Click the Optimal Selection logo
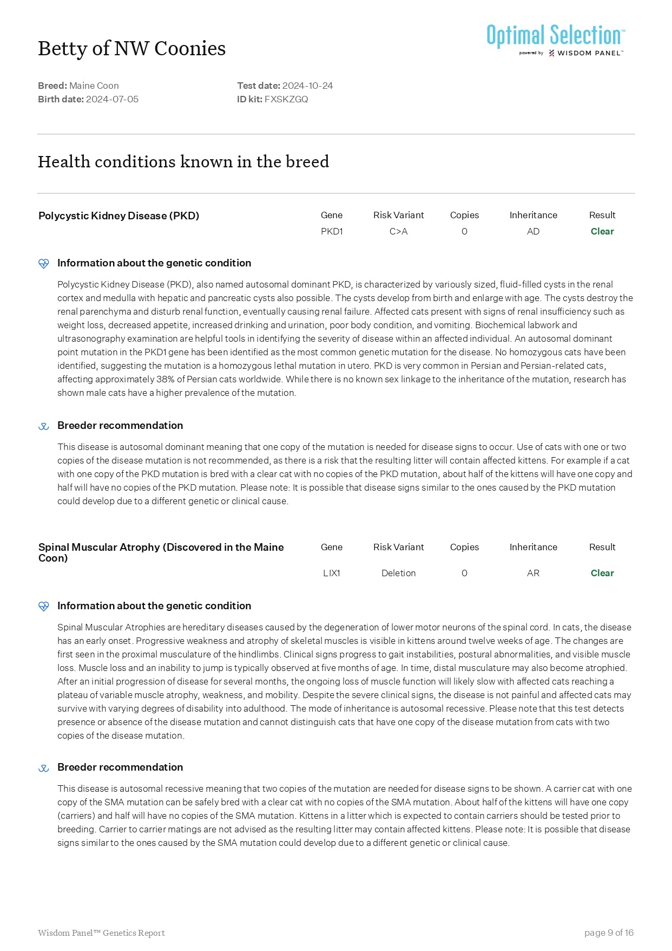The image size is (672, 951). pos(555,40)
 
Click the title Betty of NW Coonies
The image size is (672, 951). pos(131,49)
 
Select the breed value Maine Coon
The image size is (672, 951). pos(94,86)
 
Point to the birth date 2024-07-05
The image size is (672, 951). pos(112,99)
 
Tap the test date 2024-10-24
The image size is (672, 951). pos(307,86)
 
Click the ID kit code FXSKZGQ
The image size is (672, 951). pos(286,99)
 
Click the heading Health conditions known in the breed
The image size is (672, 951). pos(183,161)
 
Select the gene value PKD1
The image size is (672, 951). pos(332,231)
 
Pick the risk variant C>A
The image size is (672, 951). pos(398,231)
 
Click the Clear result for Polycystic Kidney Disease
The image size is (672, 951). pos(602,231)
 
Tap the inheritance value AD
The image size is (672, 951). pos(533,231)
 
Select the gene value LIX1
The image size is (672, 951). pos(332,573)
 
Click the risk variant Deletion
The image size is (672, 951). pos(398,573)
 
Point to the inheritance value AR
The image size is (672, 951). pos(533,573)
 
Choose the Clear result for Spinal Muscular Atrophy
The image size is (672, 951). pos(602,573)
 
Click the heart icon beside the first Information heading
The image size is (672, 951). pos(44,264)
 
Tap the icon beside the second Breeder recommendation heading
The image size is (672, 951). pos(44,768)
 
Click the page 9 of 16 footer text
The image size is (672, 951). pos(609,933)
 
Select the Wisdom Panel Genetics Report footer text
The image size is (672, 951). pos(101,933)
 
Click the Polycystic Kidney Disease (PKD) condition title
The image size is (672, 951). pos(118,216)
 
